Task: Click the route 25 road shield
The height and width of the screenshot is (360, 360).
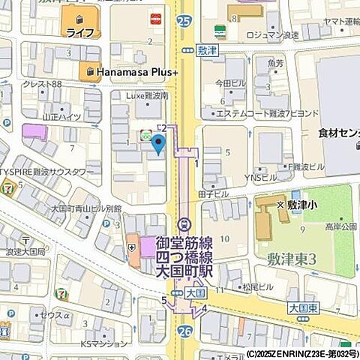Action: click(184, 22)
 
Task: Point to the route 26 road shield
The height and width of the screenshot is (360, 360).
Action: click(185, 330)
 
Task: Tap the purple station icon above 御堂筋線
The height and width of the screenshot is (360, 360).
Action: click(184, 225)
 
